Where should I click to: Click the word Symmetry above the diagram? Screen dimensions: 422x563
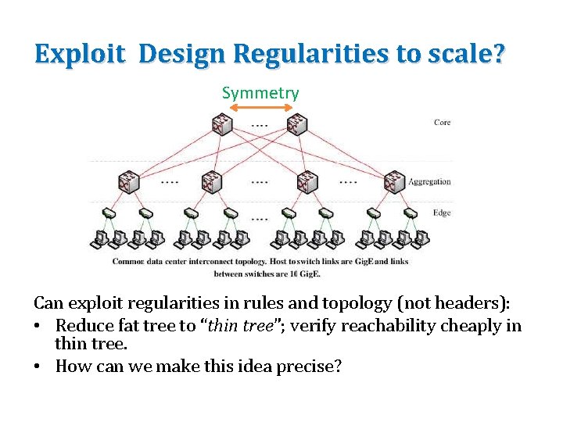tap(260, 93)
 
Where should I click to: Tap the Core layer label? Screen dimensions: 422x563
tap(442, 123)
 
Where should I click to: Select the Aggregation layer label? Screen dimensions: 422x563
tap(429, 182)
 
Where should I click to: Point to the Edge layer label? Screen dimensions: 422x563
tap(442, 213)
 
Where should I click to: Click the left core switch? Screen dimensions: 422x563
tap(222, 124)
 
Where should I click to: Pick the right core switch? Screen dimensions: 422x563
tap(296, 124)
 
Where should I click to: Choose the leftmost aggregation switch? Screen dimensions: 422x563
tap(128, 182)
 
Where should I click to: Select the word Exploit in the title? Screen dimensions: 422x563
tap(80, 54)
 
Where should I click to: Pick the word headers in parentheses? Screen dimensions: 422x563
tap(437, 302)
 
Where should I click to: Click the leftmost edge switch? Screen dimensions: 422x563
tap(109, 213)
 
